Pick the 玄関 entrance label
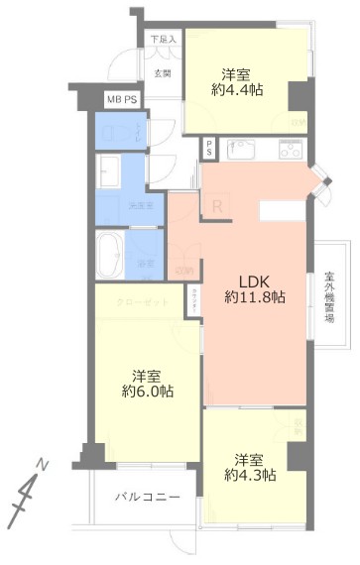coord(163,73)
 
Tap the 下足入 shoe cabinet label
coord(163,40)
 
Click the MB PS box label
coord(124,100)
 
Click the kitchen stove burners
coord(290,150)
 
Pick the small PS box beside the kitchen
coord(209,148)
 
